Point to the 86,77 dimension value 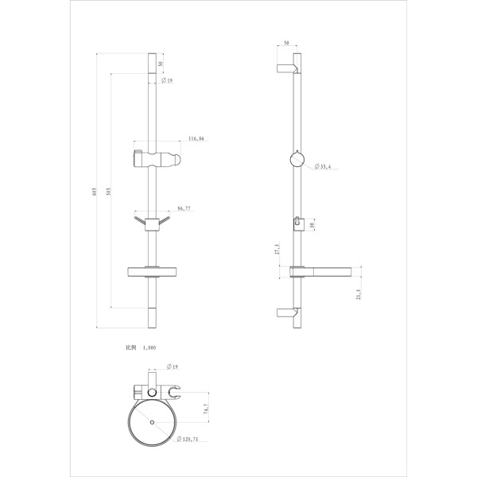[184, 208]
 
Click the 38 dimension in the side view [313, 226]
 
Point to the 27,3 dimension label [276, 248]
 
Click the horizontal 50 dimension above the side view [285, 45]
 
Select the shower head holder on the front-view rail [154, 155]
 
